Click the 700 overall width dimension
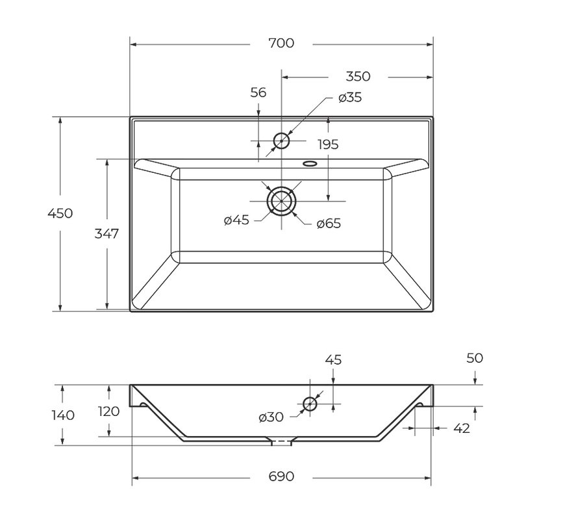[x=281, y=43]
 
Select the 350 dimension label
[x=358, y=77]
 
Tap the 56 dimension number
[x=258, y=92]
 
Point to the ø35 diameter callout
[x=350, y=97]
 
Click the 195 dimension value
[x=328, y=144]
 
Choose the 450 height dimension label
[x=60, y=213]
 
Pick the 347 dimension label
[x=106, y=233]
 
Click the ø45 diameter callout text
[x=236, y=220]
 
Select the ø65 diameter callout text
[x=329, y=224]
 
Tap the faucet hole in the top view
[x=281, y=140]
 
